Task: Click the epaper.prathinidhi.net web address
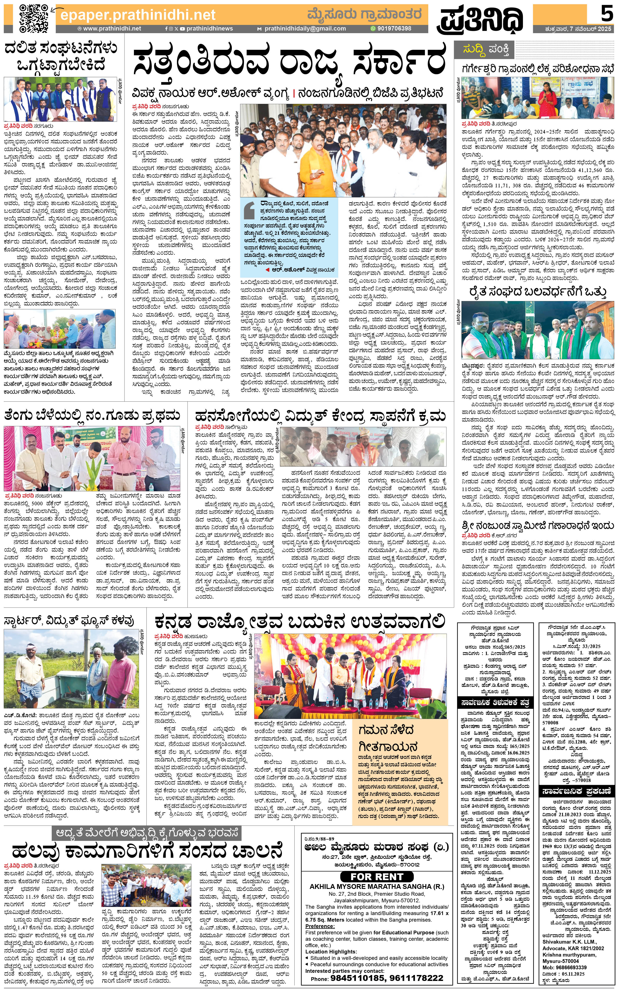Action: tap(138, 15)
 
